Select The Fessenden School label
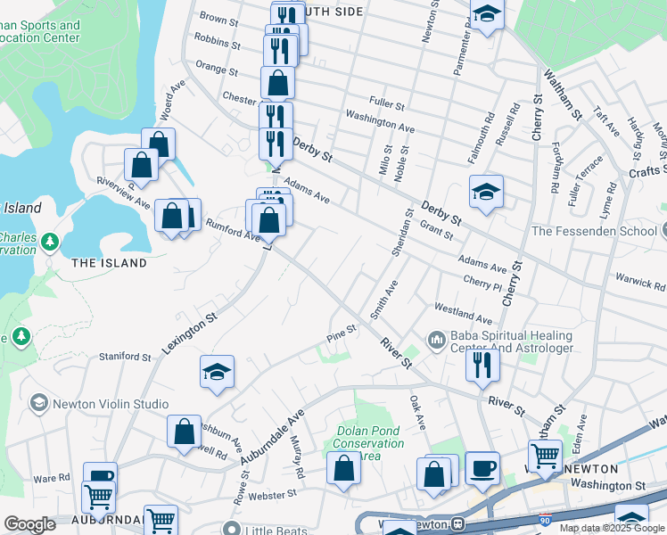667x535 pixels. click(593, 231)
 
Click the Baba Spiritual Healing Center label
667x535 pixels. click(512, 342)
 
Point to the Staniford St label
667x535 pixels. click(125, 357)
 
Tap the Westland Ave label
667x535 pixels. click(463, 313)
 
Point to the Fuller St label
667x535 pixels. click(387, 103)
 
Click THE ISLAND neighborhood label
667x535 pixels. click(109, 263)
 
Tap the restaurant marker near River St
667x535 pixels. click(482, 363)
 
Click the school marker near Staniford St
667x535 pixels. click(217, 373)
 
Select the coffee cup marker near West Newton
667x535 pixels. click(482, 468)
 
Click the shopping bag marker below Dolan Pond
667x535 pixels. click(343, 468)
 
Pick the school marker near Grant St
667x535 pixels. click(486, 192)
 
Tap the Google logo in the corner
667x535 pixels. click(29, 524)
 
